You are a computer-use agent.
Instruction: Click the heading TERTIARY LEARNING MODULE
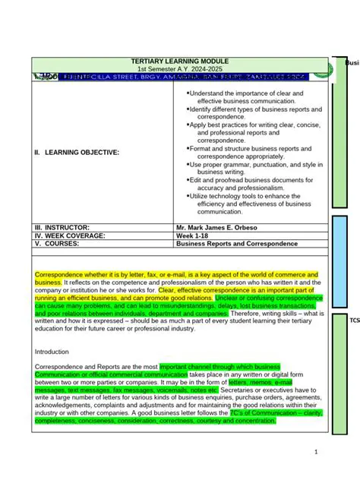(180, 61)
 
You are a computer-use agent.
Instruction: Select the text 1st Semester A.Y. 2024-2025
(180, 69)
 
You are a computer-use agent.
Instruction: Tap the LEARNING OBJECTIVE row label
(77, 153)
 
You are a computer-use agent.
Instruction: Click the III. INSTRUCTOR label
(62, 227)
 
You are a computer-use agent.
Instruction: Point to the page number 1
(316, 453)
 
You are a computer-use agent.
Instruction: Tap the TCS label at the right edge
(354, 321)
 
